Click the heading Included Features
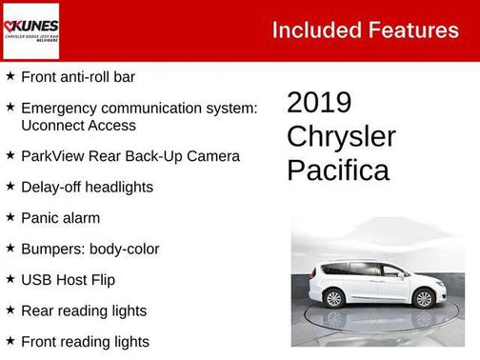click(365, 30)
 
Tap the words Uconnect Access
click(78, 125)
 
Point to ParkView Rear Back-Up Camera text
click(130, 155)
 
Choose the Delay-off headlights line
click(87, 187)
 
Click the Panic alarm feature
click(60, 218)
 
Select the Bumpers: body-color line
click(90, 249)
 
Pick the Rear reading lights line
click(84, 310)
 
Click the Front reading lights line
click(85, 341)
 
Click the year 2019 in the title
click(319, 103)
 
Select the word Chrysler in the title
click(341, 136)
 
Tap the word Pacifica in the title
click(338, 170)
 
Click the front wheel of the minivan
click(424, 298)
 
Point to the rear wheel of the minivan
click(334, 298)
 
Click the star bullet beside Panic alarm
click(10, 217)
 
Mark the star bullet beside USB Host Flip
click(10, 279)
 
